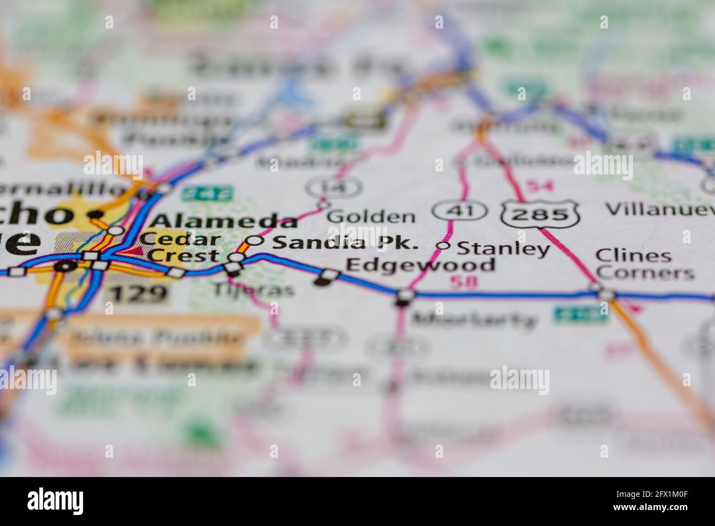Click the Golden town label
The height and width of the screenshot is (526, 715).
[371, 216]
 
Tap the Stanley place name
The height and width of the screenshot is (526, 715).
[503, 249]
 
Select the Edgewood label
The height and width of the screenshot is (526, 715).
[420, 265]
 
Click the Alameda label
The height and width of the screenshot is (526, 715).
[224, 221]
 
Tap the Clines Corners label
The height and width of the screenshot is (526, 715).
[645, 264]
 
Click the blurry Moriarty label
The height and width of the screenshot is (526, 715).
[474, 319]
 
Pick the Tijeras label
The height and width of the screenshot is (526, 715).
[254, 289]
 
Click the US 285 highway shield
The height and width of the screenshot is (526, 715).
[541, 212]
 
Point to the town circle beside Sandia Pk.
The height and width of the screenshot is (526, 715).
[254, 240]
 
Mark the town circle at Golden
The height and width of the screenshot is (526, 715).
[323, 205]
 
